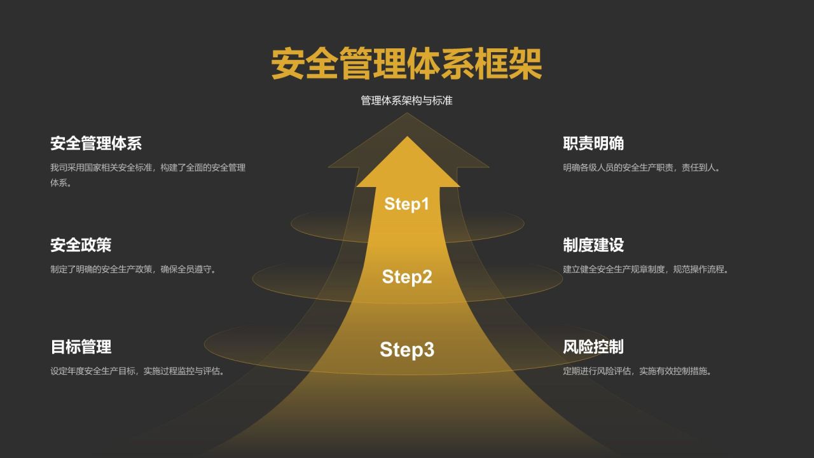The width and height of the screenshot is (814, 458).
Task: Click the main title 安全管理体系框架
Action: [407, 64]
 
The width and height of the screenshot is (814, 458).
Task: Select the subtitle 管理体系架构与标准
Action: [407, 101]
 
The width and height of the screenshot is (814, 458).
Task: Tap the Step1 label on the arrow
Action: [407, 204]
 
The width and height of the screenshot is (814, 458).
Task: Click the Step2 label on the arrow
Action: [407, 277]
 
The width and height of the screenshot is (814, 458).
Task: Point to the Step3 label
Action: [407, 349]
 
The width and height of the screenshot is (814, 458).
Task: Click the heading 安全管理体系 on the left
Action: [96, 143]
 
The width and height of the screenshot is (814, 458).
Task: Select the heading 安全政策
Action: [81, 245]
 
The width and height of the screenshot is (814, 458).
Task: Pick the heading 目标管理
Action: [81, 347]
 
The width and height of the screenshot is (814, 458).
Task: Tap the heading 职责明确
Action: [593, 143]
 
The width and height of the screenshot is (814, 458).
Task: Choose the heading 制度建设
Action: [593, 245]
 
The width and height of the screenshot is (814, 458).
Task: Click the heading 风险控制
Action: [593, 347]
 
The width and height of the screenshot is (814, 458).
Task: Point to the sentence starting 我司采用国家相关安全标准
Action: [148, 168]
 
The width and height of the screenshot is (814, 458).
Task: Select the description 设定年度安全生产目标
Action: [138, 371]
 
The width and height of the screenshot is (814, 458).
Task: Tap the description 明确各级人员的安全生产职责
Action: [642, 168]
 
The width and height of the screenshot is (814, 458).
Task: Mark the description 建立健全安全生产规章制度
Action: [646, 269]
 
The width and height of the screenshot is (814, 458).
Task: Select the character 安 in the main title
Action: [288, 64]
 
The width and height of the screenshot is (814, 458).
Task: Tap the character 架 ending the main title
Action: [525, 64]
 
